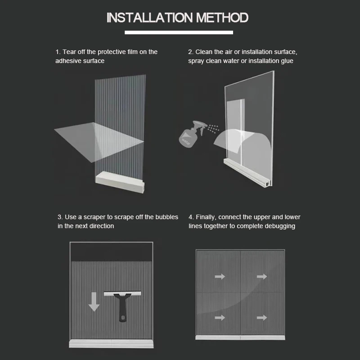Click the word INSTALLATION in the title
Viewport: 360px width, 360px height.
pos(149,18)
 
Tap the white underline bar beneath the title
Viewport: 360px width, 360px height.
pos(179,32)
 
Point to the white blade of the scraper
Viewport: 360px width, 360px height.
pos(122,294)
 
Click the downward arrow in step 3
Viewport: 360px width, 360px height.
pos(94,301)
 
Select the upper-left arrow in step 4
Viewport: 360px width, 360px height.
pos(220,277)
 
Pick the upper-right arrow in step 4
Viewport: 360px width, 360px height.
pos(262,277)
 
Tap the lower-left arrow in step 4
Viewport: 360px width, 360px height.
pos(220,318)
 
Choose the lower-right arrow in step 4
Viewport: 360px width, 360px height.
pos(262,318)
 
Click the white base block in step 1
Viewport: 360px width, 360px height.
pos(120,183)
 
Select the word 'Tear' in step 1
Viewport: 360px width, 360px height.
pos(69,52)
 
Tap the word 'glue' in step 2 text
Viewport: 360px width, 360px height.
pos(287,61)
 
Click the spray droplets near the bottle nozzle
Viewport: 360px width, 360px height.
pos(213,129)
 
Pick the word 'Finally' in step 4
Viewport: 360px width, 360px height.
pos(206,217)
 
